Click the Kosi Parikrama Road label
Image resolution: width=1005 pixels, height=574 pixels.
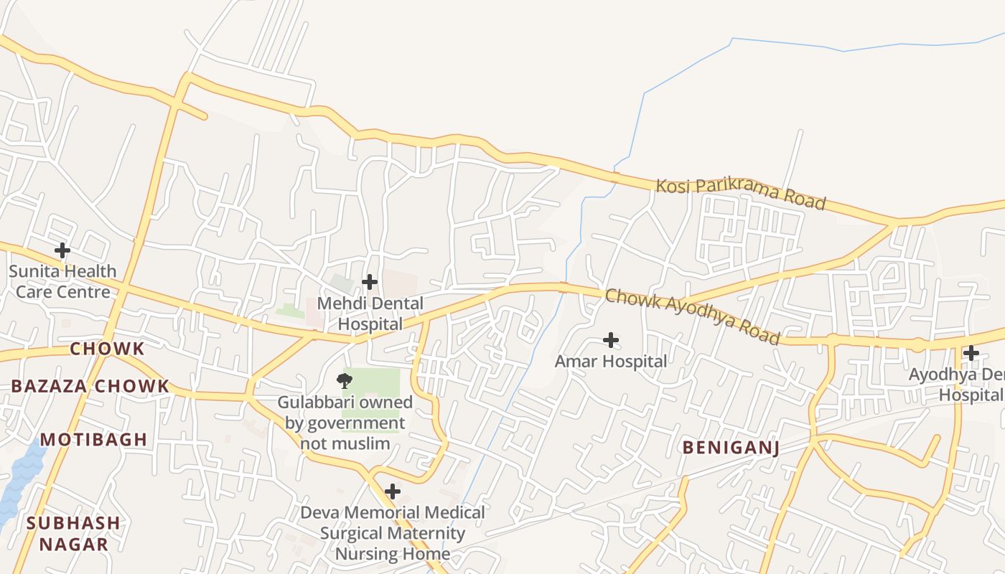pyautogui.click(x=741, y=194)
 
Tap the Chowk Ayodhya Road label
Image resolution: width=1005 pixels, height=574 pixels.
pyautogui.click(x=692, y=316)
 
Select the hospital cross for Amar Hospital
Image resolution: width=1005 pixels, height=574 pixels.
pyautogui.click(x=611, y=339)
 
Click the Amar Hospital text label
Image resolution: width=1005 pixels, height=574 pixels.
pyautogui.click(x=611, y=361)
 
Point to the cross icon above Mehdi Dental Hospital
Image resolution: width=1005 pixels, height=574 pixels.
pyautogui.click(x=370, y=282)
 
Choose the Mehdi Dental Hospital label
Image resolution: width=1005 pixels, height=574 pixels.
pyautogui.click(x=370, y=314)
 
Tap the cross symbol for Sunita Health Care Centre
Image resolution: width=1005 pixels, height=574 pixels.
pyautogui.click(x=62, y=250)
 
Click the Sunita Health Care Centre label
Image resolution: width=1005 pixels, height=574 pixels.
pyautogui.click(x=62, y=281)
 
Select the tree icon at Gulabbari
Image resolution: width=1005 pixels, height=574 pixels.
pyautogui.click(x=345, y=380)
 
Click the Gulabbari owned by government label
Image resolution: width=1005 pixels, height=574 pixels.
pyautogui.click(x=345, y=423)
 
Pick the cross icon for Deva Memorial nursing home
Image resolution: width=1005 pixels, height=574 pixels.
pyautogui.click(x=393, y=491)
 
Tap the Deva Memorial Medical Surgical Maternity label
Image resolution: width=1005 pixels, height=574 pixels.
pyautogui.click(x=393, y=533)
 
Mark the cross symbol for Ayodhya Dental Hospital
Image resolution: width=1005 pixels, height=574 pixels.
pyautogui.click(x=971, y=353)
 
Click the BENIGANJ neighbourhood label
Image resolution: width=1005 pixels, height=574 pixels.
pyautogui.click(x=731, y=448)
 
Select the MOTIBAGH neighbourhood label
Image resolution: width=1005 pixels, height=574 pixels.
pyautogui.click(x=93, y=440)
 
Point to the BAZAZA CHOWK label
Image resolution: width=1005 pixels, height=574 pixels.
pyautogui.click(x=90, y=386)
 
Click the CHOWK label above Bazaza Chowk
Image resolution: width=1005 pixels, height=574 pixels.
pyautogui.click(x=107, y=349)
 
